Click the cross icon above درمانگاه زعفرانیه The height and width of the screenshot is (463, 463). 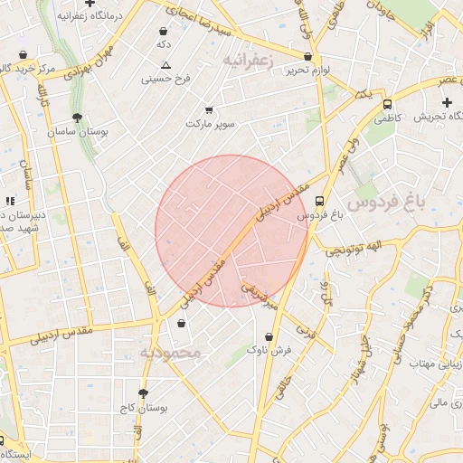click(90, 4)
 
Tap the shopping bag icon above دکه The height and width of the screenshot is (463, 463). click(164, 31)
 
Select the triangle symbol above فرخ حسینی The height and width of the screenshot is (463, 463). click(165, 65)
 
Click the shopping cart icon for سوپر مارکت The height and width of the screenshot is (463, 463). click(209, 109)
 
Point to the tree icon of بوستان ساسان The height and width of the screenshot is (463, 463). click(78, 118)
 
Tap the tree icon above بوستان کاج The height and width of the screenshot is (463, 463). click(142, 392)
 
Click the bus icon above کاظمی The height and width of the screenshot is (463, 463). click(387, 104)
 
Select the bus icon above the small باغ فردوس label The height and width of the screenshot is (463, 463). click(318, 202)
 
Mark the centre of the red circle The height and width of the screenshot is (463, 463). click(231, 231)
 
